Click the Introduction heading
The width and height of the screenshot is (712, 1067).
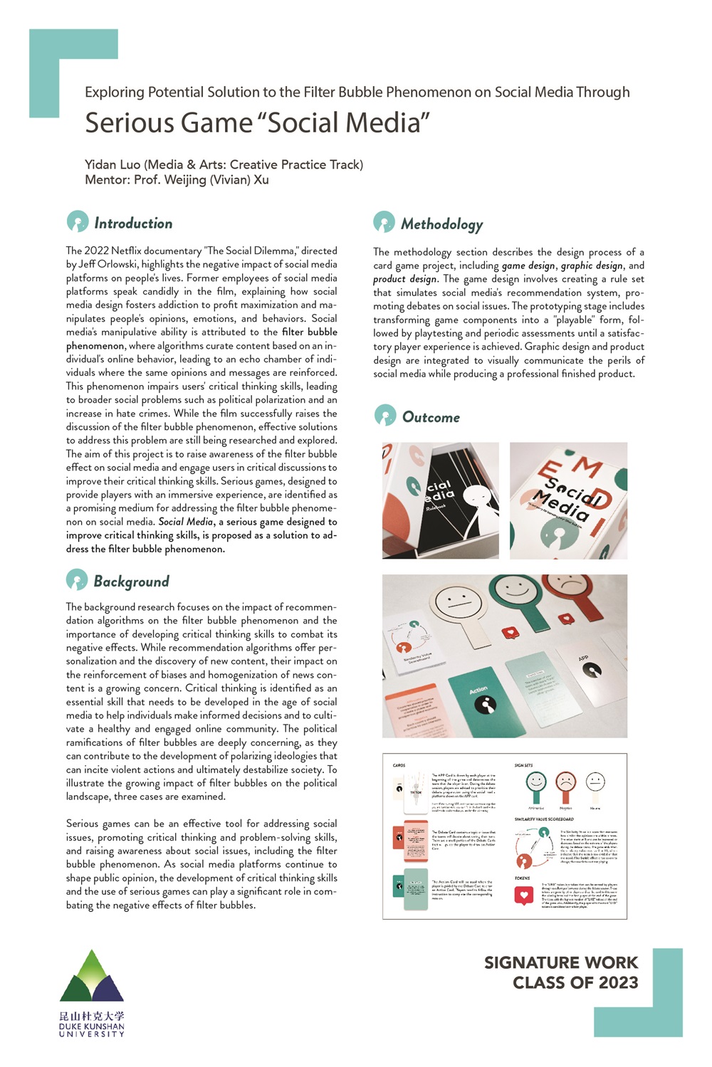(133, 224)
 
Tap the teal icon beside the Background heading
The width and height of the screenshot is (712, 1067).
(77, 580)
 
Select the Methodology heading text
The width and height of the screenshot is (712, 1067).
(441, 224)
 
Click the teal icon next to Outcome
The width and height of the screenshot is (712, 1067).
(385, 416)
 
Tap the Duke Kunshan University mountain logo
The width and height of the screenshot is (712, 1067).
(92, 977)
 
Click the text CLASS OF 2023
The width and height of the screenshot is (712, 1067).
(575, 983)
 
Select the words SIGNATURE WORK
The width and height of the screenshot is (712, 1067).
(561, 962)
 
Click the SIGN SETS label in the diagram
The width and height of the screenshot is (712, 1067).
(523, 765)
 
